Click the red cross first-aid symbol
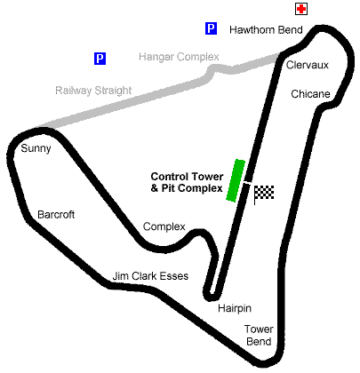point(301,9)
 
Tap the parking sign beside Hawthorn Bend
point(211,28)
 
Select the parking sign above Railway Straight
point(100,59)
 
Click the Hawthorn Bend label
point(266,30)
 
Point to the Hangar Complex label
point(179,57)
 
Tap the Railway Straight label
point(93,91)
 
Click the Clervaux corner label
point(308,65)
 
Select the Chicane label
point(310,94)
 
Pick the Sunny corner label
point(36,148)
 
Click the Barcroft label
point(56,214)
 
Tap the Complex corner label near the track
point(164,226)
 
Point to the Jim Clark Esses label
point(150,276)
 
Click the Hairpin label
point(235,308)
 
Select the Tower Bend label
point(259,335)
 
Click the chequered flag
point(264,193)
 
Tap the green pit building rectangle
point(236,180)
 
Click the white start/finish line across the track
point(248,183)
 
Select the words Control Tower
point(187,177)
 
